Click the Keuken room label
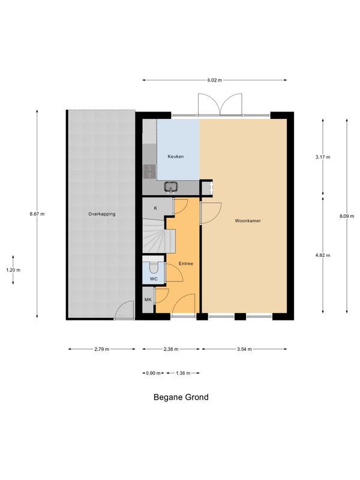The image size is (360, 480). point(176,157)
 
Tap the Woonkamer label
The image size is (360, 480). point(248,221)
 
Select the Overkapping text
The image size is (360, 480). point(101,214)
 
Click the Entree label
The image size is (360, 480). point(186,263)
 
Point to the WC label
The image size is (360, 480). point(154,278)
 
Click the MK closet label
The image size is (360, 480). point(148,299)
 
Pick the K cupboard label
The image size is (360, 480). point(155,208)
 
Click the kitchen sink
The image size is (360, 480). point(171,187)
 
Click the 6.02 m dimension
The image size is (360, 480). point(215,80)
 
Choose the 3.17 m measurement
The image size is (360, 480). point(323,157)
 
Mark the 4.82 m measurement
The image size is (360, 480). point(323,254)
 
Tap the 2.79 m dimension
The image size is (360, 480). point(102,349)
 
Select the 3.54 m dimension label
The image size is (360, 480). point(244,349)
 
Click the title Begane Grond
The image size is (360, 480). point(181,397)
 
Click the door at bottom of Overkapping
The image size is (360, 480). point(125,311)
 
